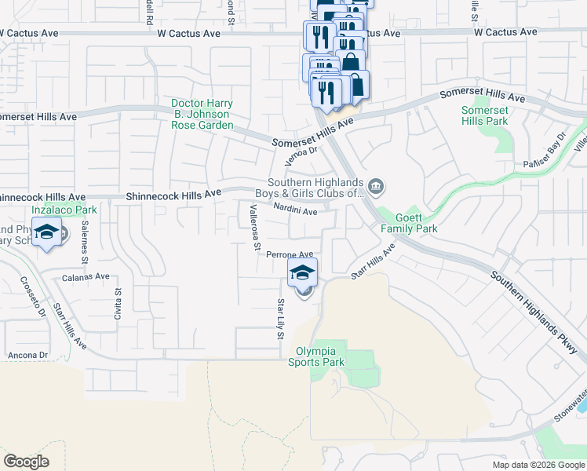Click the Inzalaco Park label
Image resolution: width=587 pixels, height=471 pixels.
coord(64,210)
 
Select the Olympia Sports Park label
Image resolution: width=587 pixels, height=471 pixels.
coord(320,356)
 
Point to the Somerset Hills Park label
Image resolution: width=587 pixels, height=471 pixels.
coord(484,115)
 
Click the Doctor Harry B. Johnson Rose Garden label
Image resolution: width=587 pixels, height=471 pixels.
coord(202,115)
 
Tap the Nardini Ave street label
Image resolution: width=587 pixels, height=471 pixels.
coord(295,210)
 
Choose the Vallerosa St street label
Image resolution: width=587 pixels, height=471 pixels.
coord(253,228)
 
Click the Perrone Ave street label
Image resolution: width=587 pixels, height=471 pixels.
coord(290,254)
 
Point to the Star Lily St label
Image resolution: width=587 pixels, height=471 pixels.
coord(279,319)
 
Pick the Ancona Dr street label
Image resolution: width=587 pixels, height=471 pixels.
coord(28,355)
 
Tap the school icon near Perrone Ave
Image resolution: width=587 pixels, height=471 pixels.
coord(302,273)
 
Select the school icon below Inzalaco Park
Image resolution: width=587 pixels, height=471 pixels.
coord(47,232)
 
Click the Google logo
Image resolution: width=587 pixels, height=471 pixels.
coord(27,461)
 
